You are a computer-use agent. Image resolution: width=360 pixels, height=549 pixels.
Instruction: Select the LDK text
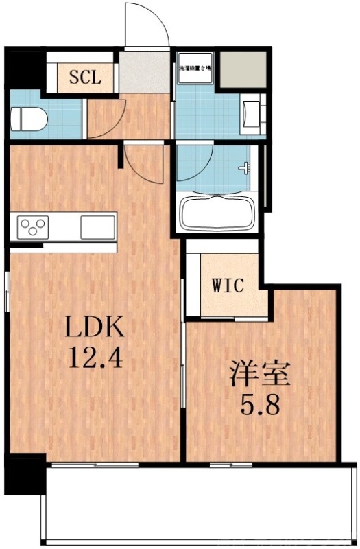(x=95, y=329)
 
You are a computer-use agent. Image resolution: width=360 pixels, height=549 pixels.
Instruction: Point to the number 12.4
(x=95, y=358)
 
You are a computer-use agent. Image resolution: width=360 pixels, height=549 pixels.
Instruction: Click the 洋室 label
(x=260, y=375)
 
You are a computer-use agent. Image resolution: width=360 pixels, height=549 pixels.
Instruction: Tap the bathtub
(x=217, y=212)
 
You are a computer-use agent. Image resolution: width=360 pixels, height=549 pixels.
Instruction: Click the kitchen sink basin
(x=97, y=225)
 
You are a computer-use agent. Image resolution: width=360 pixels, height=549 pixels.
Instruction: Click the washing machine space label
(x=195, y=69)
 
